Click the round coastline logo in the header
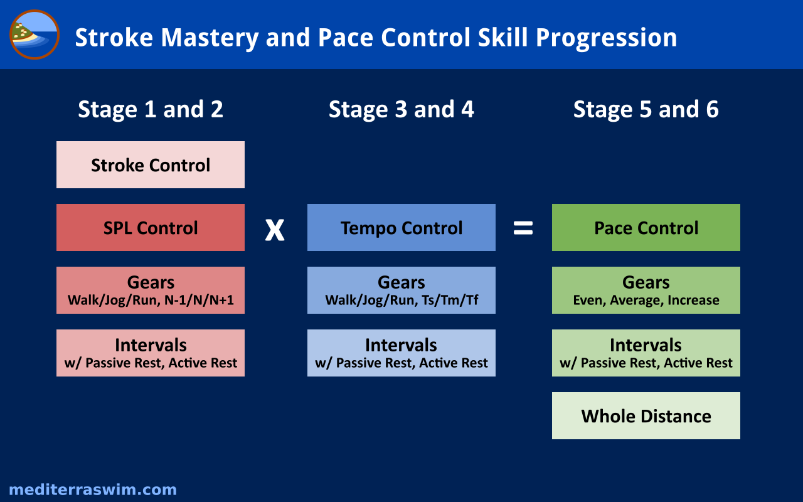click(35, 35)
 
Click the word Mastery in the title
click(210, 38)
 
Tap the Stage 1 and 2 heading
click(151, 109)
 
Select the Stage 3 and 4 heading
click(401, 109)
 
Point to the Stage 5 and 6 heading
click(646, 109)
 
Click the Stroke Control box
click(151, 164)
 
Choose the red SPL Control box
click(151, 227)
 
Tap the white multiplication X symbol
click(275, 230)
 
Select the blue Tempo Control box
click(401, 227)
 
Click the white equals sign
click(523, 228)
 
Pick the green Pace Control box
click(646, 227)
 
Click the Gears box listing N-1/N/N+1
click(151, 290)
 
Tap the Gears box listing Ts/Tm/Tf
click(401, 290)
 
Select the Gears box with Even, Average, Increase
click(646, 290)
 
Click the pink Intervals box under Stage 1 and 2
click(151, 353)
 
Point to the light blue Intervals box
click(401, 353)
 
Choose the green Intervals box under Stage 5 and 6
click(646, 353)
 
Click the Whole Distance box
click(646, 415)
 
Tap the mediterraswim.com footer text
click(93, 490)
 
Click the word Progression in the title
click(606, 38)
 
